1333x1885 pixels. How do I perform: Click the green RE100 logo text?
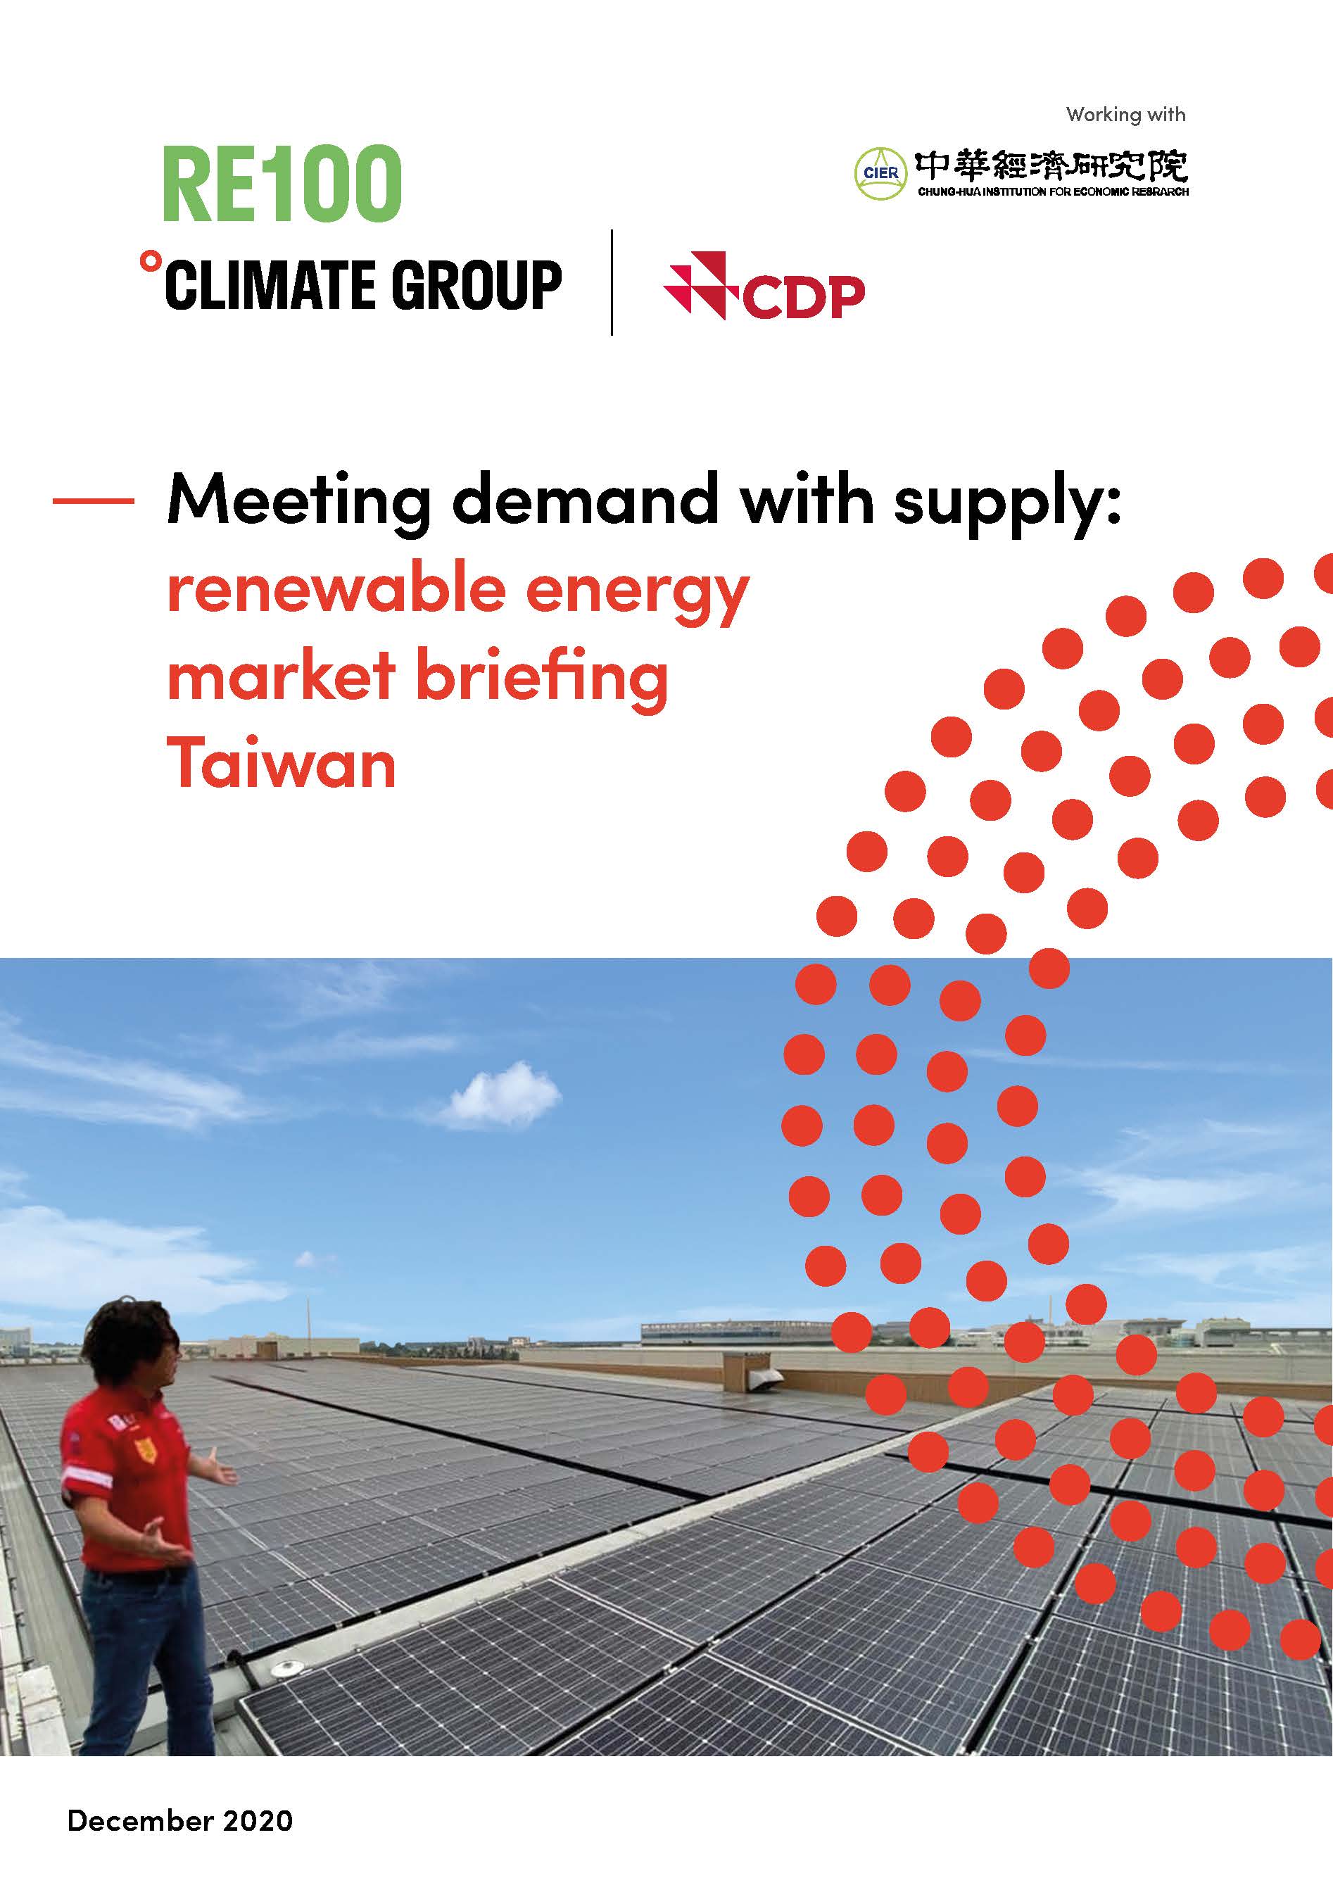[x=282, y=184]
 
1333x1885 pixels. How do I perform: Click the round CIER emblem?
[x=880, y=173]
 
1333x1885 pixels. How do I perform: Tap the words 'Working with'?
[x=1125, y=115]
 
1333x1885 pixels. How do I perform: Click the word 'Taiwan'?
[x=282, y=763]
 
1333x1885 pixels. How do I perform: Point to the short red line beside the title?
[x=94, y=500]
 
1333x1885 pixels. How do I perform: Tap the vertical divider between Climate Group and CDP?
[x=612, y=282]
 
